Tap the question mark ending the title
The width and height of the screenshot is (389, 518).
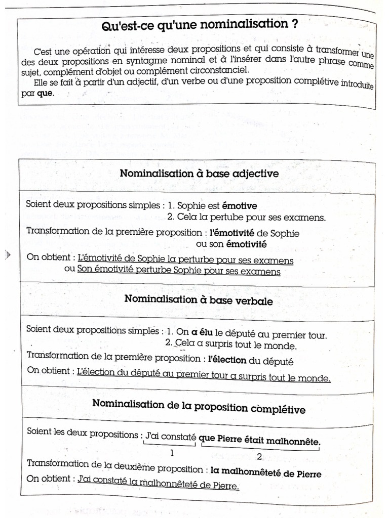(x=295, y=25)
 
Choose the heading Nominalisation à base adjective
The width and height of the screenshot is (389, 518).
(x=199, y=173)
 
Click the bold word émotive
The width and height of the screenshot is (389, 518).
(x=240, y=206)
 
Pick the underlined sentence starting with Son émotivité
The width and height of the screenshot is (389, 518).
(x=178, y=271)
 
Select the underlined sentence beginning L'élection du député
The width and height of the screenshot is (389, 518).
(x=204, y=377)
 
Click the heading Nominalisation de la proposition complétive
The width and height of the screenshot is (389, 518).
(x=199, y=407)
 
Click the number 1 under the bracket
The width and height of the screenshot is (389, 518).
(x=172, y=452)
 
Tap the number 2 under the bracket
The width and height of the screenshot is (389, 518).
(x=259, y=456)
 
